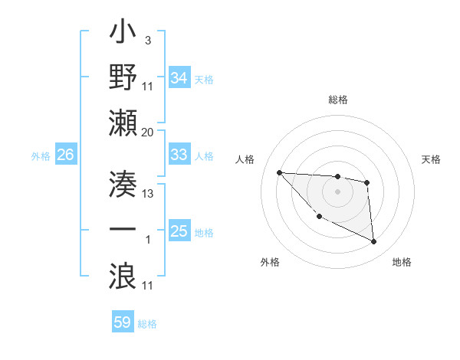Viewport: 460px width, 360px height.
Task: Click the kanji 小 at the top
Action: pos(123,35)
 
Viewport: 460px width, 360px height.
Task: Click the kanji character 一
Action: pos(123,227)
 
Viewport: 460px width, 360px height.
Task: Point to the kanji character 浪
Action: pos(123,273)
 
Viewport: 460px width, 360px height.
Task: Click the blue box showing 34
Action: pos(179,78)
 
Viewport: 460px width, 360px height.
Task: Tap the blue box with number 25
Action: pos(179,231)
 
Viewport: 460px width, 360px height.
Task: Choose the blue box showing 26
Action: pos(65,155)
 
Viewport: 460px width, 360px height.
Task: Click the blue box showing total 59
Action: pos(123,322)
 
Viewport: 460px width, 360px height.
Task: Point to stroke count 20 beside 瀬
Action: pos(147,132)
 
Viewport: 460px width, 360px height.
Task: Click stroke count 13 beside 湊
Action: pos(148,193)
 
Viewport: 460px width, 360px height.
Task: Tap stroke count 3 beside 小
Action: pos(147,39)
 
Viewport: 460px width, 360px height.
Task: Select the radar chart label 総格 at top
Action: pos(337,100)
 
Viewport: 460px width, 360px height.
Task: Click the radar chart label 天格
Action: pos(432,159)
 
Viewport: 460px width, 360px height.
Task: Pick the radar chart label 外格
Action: pos(270,262)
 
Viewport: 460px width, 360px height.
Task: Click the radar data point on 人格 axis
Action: pos(279,172)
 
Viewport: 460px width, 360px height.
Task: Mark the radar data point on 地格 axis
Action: pos(374,242)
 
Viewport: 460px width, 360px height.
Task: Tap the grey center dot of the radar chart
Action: pos(337,191)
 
